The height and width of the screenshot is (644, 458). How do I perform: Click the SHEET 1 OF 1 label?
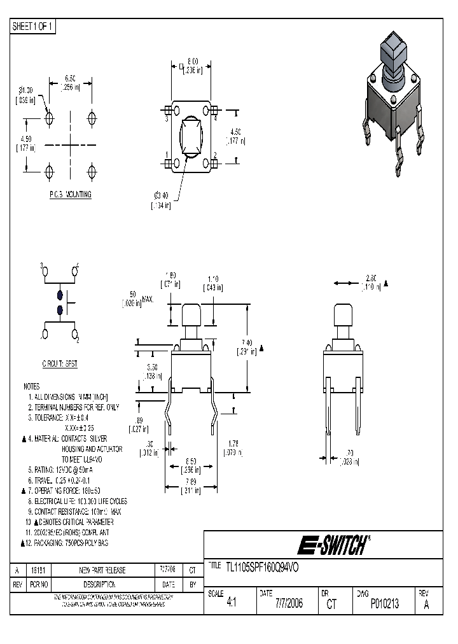34,27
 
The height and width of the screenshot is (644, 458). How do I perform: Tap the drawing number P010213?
385,604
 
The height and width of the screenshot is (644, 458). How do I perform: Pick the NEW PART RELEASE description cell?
102,571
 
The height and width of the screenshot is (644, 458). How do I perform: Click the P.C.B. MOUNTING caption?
70,195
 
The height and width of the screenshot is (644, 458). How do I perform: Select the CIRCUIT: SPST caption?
60,365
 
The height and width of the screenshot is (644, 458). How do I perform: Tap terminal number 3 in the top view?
167,119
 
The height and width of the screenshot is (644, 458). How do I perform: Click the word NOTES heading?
32,386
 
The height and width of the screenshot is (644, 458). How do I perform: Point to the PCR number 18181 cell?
42,571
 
